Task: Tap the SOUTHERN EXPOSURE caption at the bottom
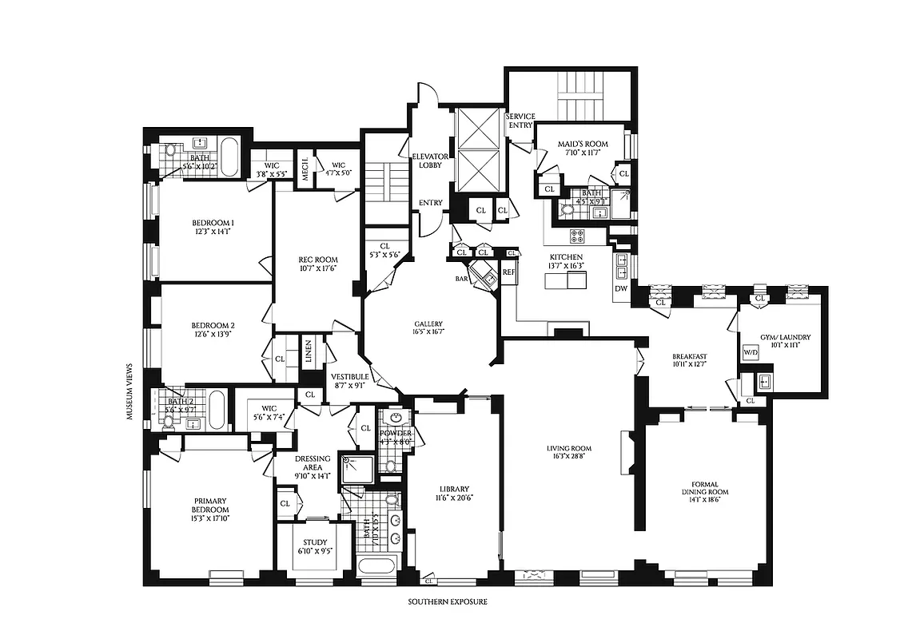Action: tap(447, 601)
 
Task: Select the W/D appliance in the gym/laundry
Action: tap(751, 351)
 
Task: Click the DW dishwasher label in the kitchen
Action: tap(621, 288)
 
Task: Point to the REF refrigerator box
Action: tap(508, 272)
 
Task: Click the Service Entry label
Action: tap(520, 121)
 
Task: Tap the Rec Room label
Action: tap(317, 260)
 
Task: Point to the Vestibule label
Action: tap(349, 376)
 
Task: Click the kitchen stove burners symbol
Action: tap(578, 236)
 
